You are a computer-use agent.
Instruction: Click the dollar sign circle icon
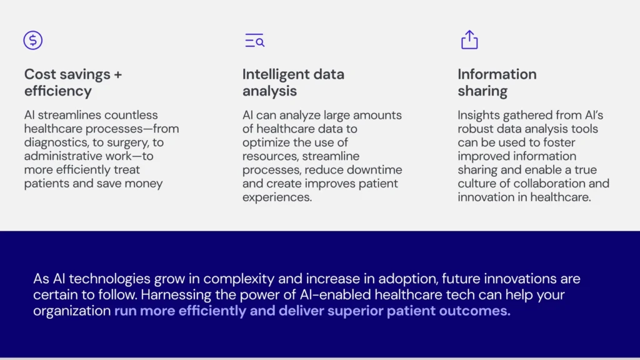click(x=33, y=41)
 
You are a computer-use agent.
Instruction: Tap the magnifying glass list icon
click(x=255, y=41)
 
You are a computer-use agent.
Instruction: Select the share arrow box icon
click(x=469, y=39)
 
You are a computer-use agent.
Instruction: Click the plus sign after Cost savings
click(x=118, y=75)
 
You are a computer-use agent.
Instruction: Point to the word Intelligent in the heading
click(x=276, y=75)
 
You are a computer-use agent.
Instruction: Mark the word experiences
click(x=277, y=197)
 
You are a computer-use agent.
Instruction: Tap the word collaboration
click(x=549, y=183)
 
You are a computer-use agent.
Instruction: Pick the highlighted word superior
click(x=355, y=311)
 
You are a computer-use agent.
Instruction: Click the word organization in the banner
click(x=72, y=311)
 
